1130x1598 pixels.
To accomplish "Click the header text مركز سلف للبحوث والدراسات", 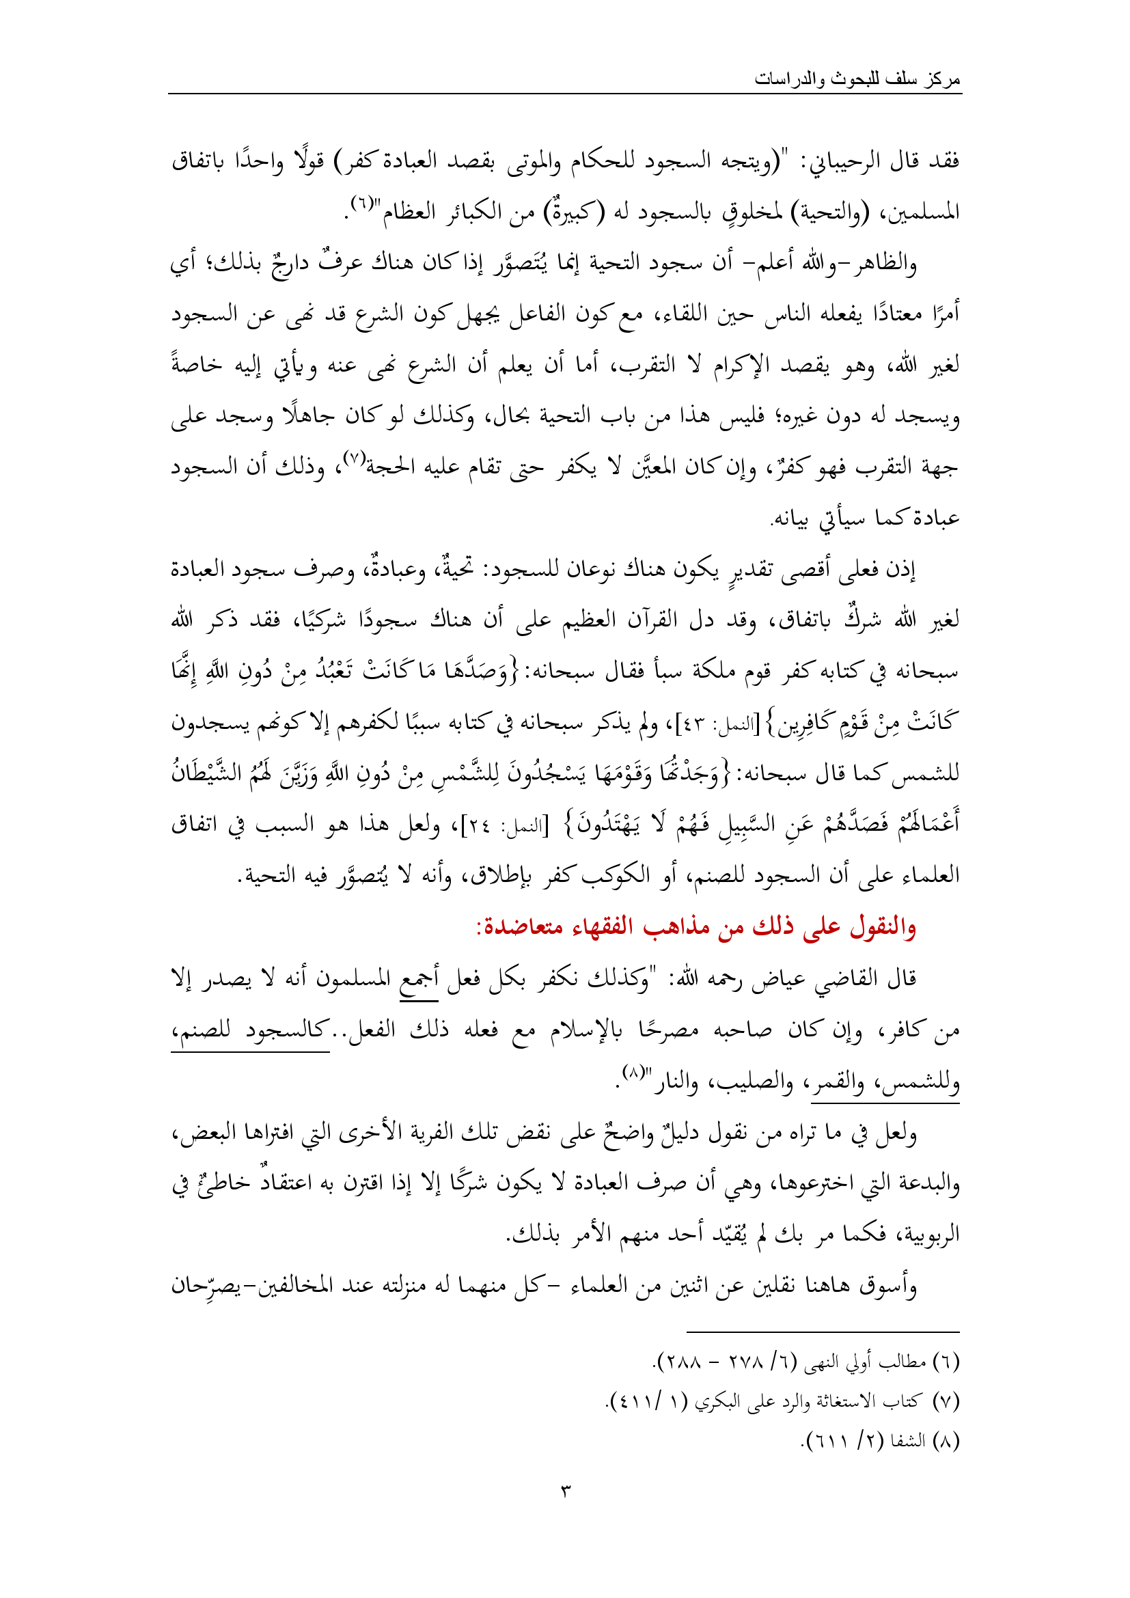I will [x=857, y=79].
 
